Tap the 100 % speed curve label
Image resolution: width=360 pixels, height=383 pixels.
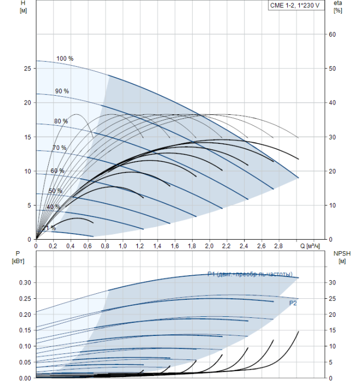(65, 59)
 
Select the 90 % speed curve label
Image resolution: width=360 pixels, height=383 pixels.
(62, 91)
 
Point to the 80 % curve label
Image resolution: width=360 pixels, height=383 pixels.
(61, 121)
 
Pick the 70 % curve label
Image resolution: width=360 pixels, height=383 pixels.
(59, 148)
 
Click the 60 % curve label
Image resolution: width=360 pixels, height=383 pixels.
(57, 171)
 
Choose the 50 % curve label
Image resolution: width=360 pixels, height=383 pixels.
(55, 191)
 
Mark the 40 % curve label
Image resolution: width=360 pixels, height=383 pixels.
(53, 207)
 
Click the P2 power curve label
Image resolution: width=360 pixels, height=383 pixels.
(293, 302)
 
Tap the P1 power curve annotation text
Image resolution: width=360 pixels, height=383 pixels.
(249, 274)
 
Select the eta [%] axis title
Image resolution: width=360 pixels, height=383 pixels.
(338, 7)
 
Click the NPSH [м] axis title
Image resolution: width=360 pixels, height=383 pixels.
(340, 257)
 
